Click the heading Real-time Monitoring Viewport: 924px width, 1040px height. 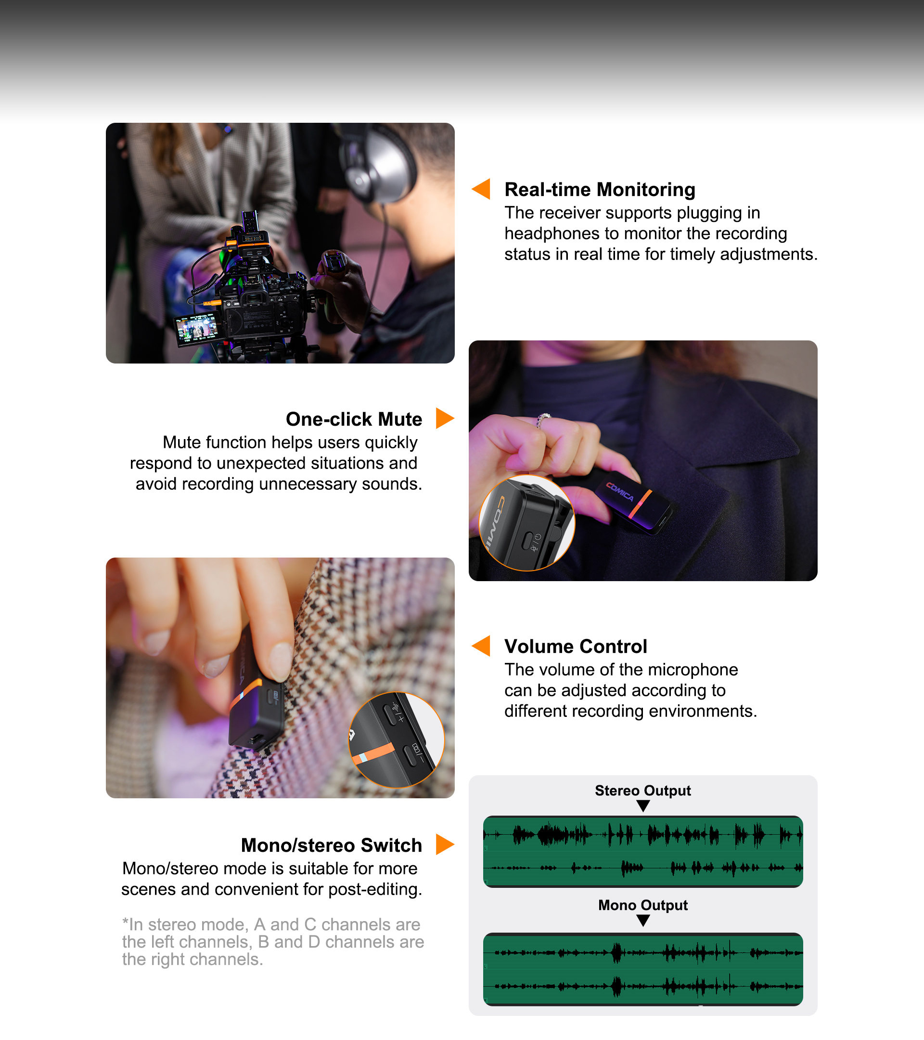[600, 189]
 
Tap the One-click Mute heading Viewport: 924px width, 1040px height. [354, 419]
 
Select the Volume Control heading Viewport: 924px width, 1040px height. [576, 646]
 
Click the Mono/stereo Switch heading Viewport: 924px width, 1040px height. [332, 845]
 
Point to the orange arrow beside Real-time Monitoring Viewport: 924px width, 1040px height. [481, 189]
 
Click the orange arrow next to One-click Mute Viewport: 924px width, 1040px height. [445, 418]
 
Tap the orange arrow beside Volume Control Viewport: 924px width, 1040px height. [481, 646]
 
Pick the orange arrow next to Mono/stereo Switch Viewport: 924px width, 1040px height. [445, 845]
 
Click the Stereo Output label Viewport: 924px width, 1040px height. [643, 790]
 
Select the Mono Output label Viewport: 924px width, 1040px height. [643, 905]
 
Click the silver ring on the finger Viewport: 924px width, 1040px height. [543, 420]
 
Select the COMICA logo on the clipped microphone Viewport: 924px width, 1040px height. [620, 492]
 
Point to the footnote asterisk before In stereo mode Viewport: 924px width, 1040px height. [125, 923]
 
